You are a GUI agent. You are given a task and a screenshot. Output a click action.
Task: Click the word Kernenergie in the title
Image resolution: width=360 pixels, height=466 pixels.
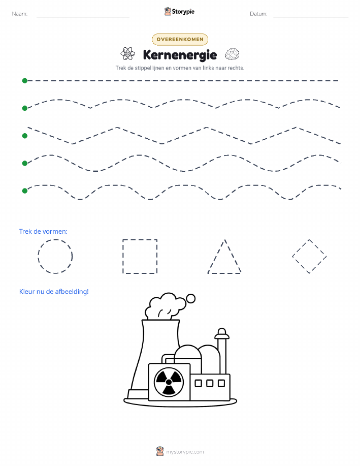pos(180,55)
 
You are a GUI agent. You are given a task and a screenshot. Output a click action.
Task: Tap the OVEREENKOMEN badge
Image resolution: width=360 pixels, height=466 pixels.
pos(180,39)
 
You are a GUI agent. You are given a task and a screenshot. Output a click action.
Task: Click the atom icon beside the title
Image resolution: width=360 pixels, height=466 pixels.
pos(128,54)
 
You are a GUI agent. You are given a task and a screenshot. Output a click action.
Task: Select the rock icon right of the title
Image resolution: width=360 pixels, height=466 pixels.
pos(232,54)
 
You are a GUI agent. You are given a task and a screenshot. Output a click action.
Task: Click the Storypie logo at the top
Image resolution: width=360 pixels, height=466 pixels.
pos(179,12)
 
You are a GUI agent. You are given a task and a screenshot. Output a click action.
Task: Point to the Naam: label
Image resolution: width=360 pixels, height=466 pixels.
pos(20,14)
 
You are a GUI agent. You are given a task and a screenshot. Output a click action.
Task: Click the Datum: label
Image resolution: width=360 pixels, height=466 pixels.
pos(258,14)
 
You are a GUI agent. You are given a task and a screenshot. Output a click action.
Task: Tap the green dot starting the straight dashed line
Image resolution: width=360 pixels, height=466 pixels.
pos(25,80)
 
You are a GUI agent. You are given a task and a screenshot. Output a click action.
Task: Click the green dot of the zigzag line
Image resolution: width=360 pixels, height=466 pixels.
pos(25,136)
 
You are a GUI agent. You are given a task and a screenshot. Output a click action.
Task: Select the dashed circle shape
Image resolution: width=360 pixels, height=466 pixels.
pos(38,256)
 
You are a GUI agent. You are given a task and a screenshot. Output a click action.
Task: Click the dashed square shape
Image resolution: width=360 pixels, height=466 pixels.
pos(123,256)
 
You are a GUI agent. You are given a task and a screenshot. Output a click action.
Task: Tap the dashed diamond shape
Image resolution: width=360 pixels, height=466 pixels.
pos(301,248)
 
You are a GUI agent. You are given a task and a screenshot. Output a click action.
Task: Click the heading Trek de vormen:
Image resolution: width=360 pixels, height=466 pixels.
pos(43,232)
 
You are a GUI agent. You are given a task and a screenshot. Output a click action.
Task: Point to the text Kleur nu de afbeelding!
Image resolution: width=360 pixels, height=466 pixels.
pos(54,292)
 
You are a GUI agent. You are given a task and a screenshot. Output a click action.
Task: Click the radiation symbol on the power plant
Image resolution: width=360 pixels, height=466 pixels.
pos(169,382)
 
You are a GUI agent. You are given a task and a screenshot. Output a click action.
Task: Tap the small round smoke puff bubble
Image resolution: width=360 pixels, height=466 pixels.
pos(191,298)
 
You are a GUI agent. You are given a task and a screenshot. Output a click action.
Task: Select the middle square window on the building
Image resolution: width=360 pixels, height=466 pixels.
pos(210,383)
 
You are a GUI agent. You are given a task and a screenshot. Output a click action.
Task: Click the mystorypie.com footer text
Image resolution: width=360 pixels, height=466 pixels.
pos(185,452)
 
